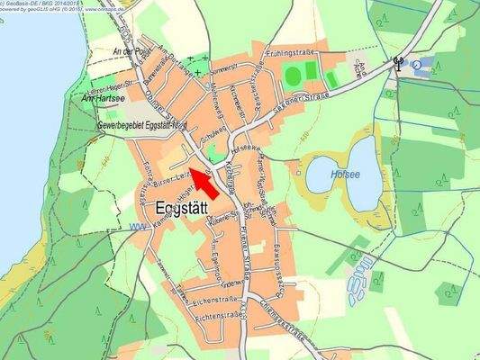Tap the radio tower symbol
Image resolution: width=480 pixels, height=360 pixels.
[395, 63]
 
